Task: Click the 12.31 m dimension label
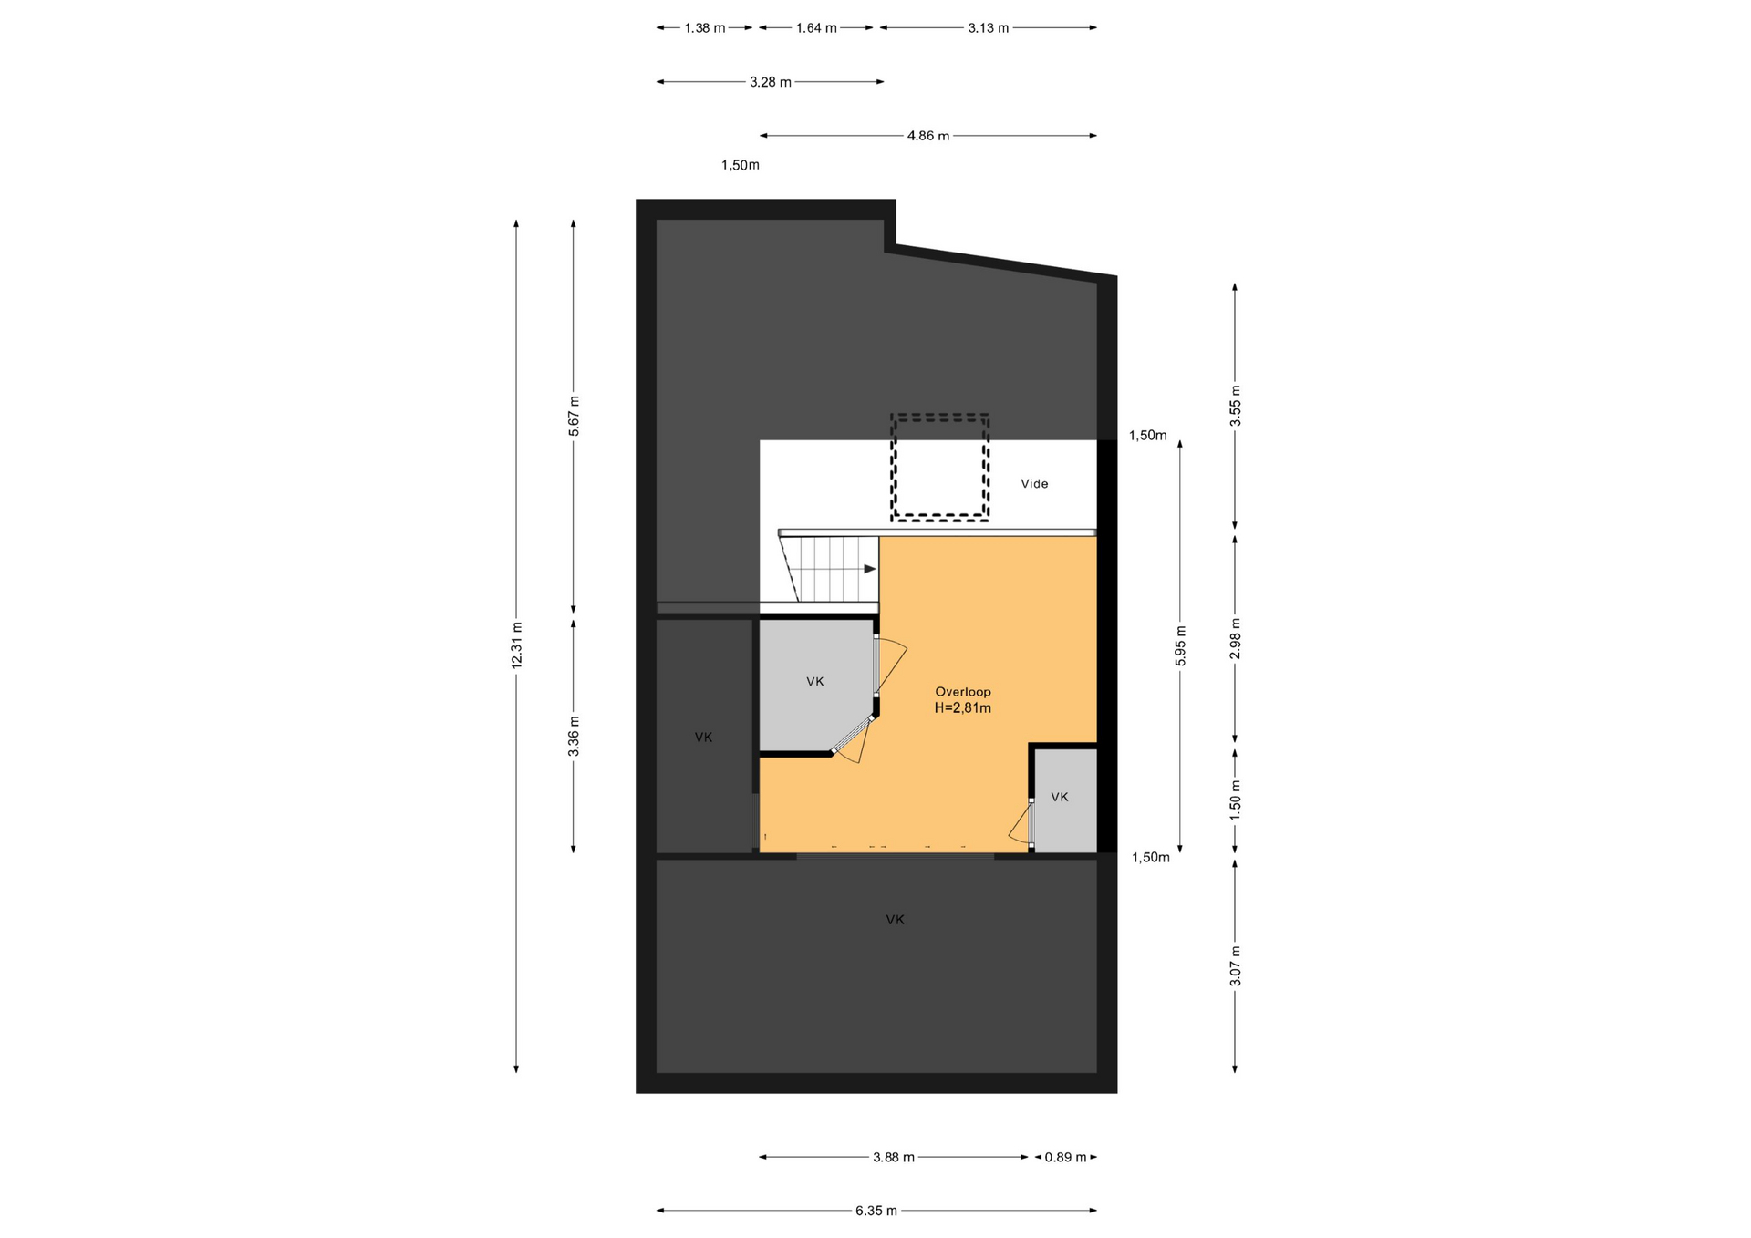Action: point(517,645)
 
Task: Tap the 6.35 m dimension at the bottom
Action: point(875,1211)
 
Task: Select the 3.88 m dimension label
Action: point(893,1157)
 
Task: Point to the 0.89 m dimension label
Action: point(1065,1157)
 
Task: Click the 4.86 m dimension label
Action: point(927,136)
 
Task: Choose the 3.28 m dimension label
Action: point(771,82)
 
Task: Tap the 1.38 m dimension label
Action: point(705,28)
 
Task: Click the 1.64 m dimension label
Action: point(816,28)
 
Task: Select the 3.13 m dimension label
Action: point(989,28)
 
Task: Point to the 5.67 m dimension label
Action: point(574,416)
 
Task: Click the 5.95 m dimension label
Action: point(1180,645)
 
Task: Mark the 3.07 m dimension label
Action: point(1236,966)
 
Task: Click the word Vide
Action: point(1034,484)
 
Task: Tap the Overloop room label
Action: point(963,692)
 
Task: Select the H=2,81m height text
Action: point(963,707)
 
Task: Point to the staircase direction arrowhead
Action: point(870,569)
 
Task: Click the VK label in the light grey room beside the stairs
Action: point(815,681)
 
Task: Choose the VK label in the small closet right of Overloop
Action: point(1060,797)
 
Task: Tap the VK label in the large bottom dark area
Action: point(896,920)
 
